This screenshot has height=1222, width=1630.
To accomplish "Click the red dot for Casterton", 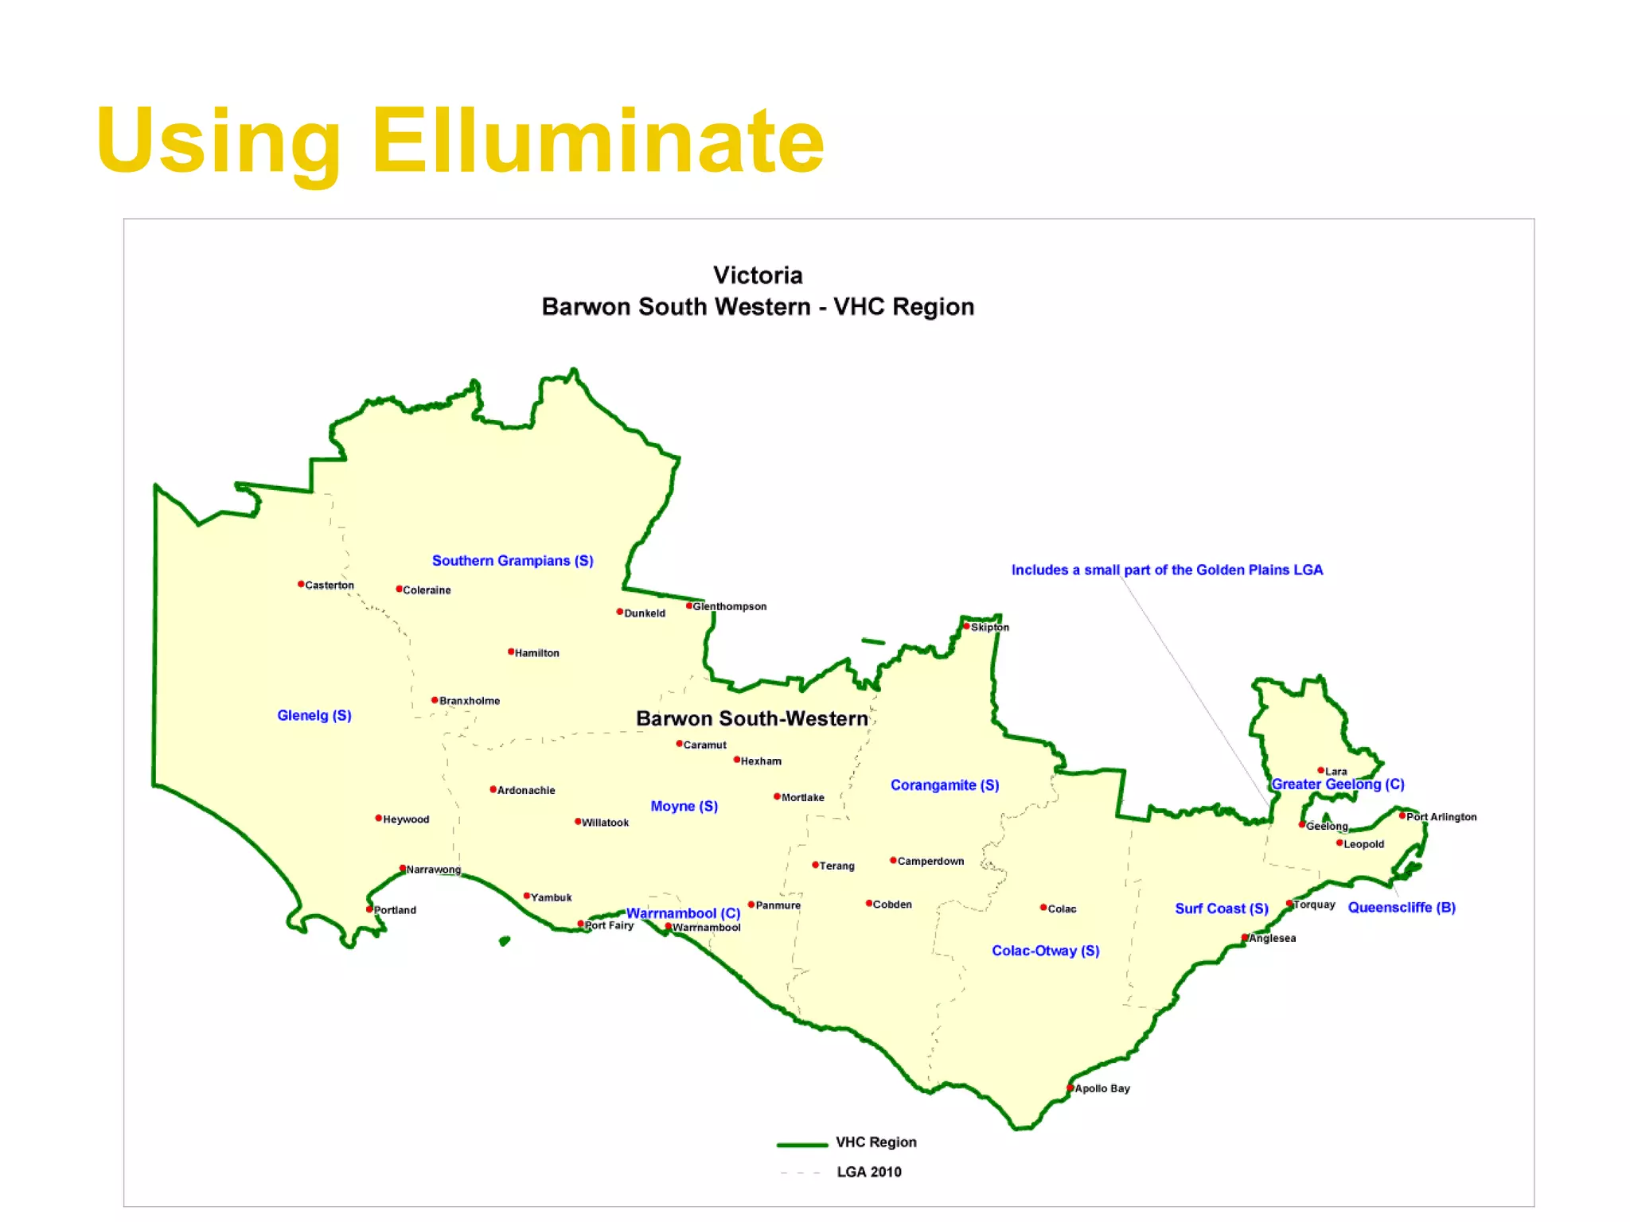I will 301,584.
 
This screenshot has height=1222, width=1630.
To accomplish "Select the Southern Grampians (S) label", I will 513,561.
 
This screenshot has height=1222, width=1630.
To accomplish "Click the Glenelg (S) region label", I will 314,715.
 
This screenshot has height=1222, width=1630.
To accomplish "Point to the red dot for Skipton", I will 966,626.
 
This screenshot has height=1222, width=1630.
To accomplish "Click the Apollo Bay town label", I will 1102,1088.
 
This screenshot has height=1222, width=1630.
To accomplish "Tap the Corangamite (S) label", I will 945,785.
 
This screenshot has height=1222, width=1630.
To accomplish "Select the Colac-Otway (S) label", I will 1046,951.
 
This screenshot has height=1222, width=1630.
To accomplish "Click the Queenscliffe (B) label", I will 1402,908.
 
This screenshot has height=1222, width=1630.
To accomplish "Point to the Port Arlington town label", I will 1441,817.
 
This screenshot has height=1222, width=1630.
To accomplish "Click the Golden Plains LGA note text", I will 1167,570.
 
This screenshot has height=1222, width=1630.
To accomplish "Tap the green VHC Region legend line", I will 802,1145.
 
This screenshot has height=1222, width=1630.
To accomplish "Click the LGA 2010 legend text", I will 869,1172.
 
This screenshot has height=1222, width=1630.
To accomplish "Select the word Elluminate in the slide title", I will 598,142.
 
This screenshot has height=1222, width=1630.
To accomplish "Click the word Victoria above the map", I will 758,275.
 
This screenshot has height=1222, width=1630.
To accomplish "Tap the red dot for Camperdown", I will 893,860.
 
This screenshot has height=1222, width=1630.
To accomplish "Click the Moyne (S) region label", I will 684,806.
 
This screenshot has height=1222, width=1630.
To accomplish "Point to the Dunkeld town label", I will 645,613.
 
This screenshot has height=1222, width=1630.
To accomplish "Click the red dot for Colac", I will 1043,908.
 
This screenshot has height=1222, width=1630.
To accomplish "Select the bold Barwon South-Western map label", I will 752,718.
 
